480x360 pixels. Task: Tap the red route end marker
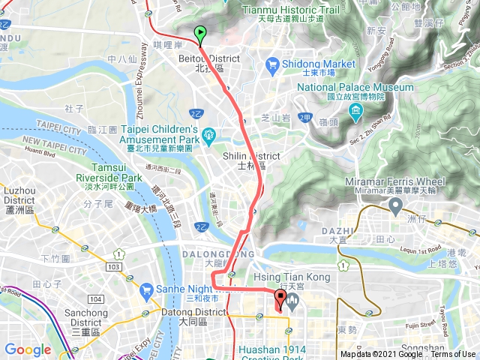(279, 300)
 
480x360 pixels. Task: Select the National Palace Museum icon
(355, 112)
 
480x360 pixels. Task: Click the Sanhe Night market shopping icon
(145, 289)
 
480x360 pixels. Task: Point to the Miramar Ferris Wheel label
(394, 181)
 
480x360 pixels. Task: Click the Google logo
(28, 349)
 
